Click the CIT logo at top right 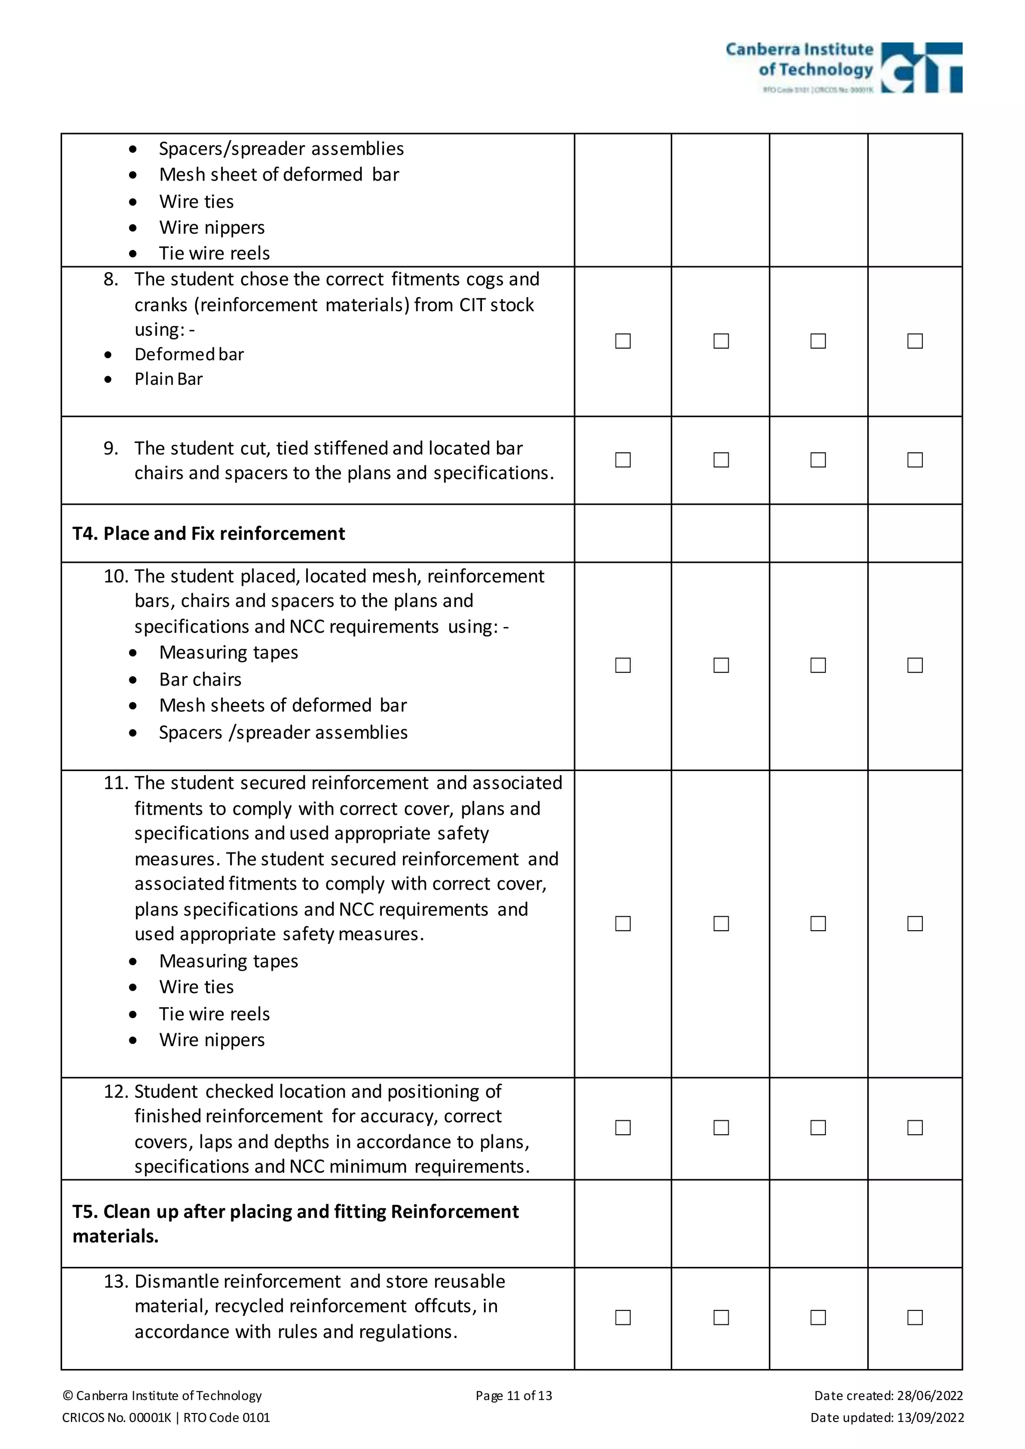(x=921, y=68)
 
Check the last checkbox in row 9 (x=914, y=460)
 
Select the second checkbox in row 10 (x=721, y=665)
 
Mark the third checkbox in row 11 (x=818, y=923)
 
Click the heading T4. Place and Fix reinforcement (x=208, y=534)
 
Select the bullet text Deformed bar (x=189, y=355)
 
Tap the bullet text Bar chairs (x=200, y=679)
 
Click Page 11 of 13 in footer (x=513, y=1395)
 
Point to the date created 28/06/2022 (x=888, y=1395)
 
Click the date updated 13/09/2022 (x=887, y=1417)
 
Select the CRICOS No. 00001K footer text (x=117, y=1417)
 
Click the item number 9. (x=111, y=449)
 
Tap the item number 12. (x=116, y=1092)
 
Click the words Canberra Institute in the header (x=799, y=49)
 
